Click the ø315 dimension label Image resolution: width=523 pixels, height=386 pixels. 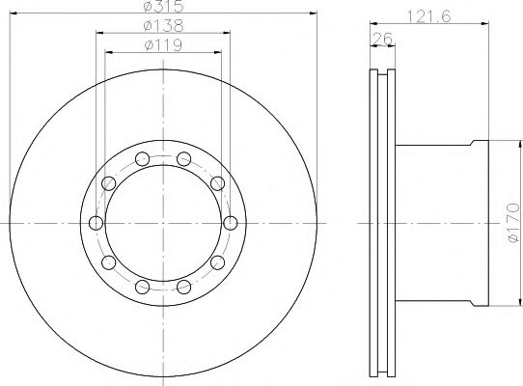(x=163, y=6)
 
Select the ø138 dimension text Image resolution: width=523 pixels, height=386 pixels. (x=163, y=26)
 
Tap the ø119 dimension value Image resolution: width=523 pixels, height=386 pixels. (x=163, y=45)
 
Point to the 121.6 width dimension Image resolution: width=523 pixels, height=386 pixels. (x=429, y=16)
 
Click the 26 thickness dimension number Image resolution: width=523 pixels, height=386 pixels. (x=382, y=39)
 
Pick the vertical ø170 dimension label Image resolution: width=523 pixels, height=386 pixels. (x=513, y=222)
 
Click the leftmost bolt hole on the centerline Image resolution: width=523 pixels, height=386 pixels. (x=96, y=223)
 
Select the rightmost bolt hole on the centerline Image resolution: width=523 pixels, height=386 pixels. (x=231, y=223)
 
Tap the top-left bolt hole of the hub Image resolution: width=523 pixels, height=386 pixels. (x=143, y=159)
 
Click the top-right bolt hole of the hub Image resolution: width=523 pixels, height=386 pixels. (x=183, y=159)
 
